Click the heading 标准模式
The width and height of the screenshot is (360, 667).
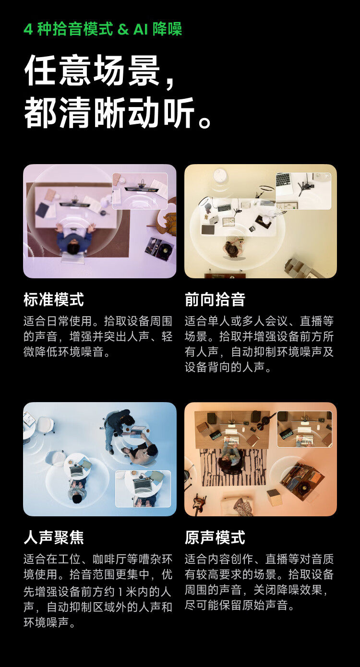pyautogui.click(x=53, y=300)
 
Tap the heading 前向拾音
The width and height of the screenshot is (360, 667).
pyautogui.click(x=215, y=300)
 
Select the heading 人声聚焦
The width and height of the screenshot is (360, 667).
pyautogui.click(x=53, y=537)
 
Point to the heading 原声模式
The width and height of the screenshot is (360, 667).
pyautogui.click(x=215, y=537)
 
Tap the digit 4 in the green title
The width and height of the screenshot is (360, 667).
pyautogui.click(x=28, y=29)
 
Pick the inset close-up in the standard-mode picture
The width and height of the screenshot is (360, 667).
pyautogui.click(x=140, y=191)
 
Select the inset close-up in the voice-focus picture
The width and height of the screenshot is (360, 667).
pyautogui.click(x=143, y=488)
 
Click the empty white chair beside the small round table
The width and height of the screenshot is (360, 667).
pyautogui.click(x=46, y=424)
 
